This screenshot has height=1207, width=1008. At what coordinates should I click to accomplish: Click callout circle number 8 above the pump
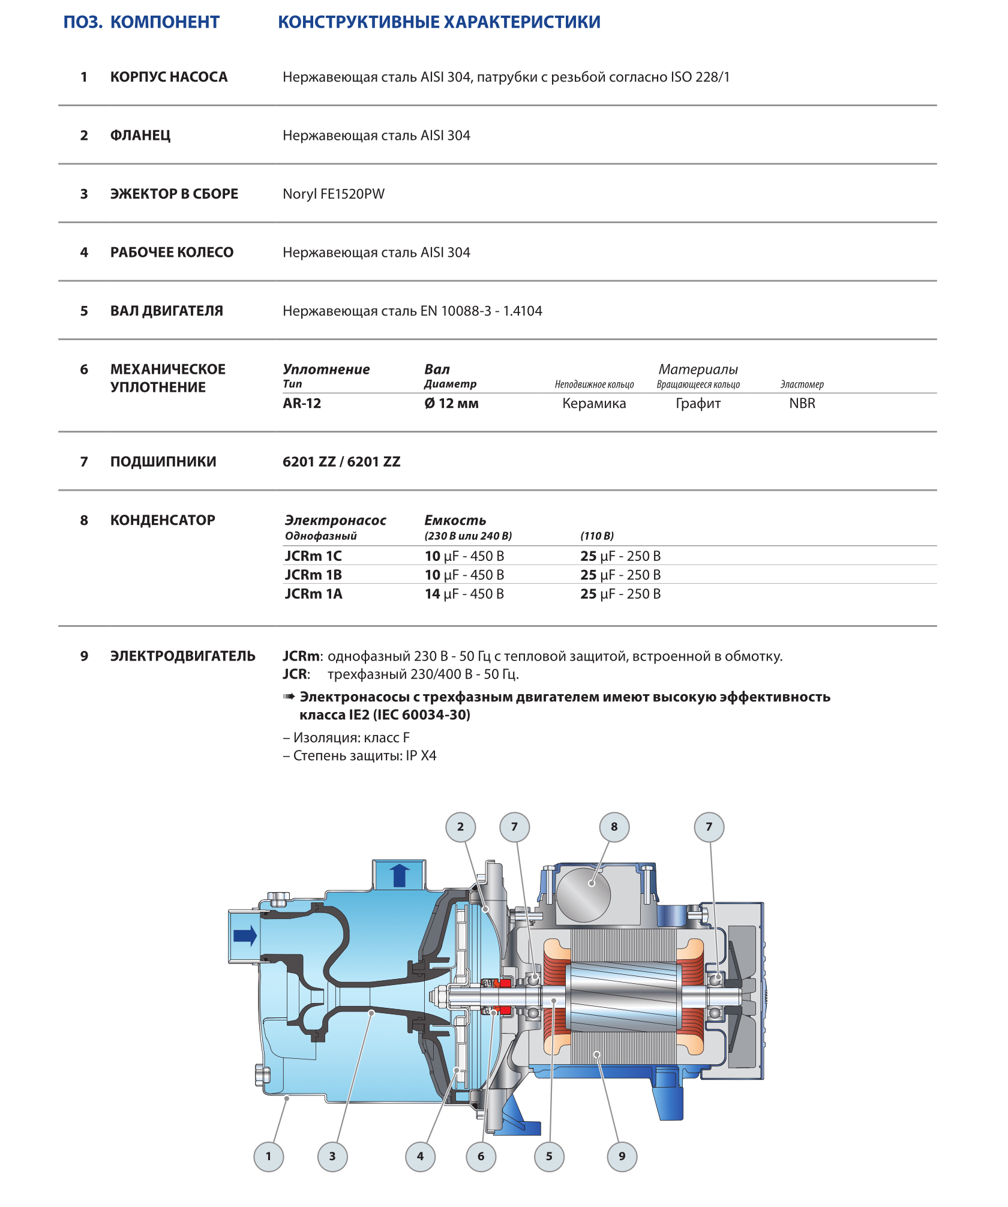[x=614, y=827]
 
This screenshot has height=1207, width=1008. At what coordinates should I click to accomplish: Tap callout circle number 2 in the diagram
[x=460, y=827]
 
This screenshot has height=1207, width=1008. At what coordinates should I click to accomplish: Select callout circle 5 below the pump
[x=549, y=1156]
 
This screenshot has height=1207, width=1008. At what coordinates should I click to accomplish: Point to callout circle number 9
[x=622, y=1156]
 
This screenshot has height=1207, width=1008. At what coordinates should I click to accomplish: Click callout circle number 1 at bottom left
[x=268, y=1156]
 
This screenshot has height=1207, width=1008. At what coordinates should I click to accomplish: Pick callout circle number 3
[x=332, y=1156]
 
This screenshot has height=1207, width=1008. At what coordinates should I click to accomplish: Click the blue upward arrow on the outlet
[x=400, y=875]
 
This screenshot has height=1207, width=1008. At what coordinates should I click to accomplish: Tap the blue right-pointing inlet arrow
[x=245, y=935]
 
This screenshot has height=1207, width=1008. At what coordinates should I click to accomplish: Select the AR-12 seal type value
[x=302, y=404]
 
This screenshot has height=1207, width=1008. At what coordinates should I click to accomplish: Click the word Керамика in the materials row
[x=594, y=404]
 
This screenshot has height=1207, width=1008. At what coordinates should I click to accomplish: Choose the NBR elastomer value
[x=802, y=404]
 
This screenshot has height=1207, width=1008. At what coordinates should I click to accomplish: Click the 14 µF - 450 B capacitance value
[x=464, y=594]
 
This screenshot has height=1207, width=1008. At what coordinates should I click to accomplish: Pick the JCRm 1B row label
[x=313, y=575]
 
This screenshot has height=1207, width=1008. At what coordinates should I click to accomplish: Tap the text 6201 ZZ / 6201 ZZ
[x=341, y=462]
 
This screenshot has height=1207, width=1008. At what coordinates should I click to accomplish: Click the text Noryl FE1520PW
[x=334, y=194]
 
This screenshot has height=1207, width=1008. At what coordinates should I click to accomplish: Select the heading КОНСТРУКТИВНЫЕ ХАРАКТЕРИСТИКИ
[x=439, y=22]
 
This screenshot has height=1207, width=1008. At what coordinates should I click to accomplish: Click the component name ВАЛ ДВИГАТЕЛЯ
[x=166, y=311]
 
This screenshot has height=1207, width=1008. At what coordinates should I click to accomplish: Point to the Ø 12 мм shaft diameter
[x=451, y=404]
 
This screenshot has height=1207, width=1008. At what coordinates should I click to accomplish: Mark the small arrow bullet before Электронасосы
[x=289, y=696]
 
